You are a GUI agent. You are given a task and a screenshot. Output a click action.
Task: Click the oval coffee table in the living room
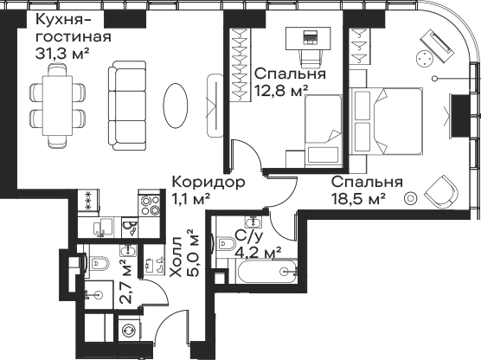[175, 106]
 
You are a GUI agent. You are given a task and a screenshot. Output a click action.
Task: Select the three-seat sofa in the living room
[127, 106]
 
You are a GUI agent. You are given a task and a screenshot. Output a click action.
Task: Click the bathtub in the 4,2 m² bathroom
[266, 272]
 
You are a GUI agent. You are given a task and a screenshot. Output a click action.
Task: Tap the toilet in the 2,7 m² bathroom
[97, 263]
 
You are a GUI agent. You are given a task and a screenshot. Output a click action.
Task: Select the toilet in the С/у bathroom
[225, 244]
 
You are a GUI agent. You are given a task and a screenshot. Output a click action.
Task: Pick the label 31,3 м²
[62, 54]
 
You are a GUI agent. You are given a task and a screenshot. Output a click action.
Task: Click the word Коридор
[208, 182]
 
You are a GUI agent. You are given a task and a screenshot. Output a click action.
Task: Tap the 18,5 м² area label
[358, 200]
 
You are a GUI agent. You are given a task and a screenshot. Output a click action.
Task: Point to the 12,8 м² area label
[281, 91]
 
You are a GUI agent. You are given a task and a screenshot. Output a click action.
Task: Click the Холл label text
[177, 257]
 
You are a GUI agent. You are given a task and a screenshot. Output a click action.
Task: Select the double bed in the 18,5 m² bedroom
[386, 120]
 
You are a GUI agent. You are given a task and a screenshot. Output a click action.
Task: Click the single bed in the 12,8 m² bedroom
[324, 131]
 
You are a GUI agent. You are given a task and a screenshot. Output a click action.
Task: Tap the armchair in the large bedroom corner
[442, 191]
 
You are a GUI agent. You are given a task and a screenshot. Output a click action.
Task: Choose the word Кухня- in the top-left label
[63, 20]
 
